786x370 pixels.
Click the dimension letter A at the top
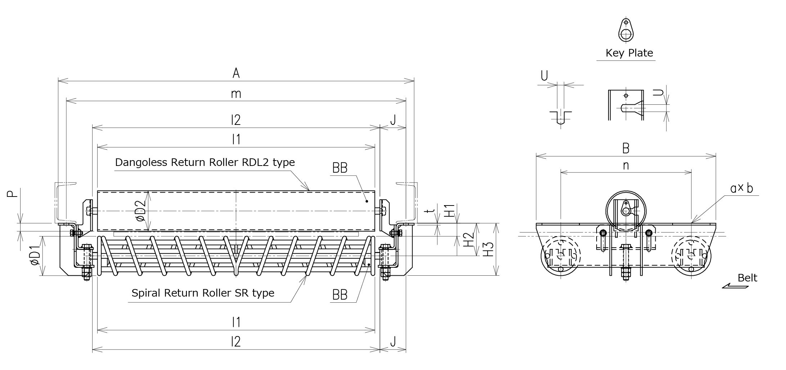236,73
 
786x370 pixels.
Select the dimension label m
236,94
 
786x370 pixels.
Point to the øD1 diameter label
35,256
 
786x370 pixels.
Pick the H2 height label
468,239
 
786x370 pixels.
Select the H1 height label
449,211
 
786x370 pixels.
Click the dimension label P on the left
12,194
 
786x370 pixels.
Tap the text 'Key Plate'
629,53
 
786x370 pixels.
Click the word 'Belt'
747,277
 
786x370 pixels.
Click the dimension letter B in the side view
626,148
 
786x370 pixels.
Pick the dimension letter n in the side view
626,166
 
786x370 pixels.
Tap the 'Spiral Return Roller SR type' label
203,293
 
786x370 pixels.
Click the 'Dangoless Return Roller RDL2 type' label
205,162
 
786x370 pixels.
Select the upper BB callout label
340,168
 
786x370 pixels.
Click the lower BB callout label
340,295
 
